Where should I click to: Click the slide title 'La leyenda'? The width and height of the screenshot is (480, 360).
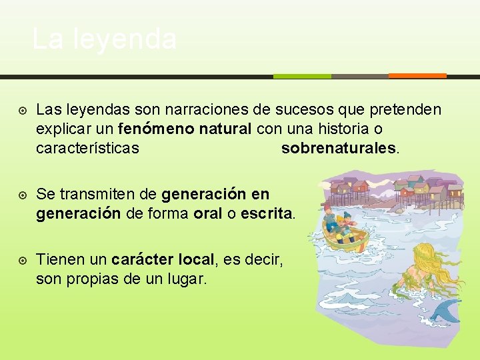104,39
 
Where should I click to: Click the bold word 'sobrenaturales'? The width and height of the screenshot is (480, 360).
339,148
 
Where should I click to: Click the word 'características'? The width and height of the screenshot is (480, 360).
87,148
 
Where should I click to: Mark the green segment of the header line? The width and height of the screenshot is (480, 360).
302,76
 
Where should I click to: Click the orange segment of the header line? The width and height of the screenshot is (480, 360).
417,75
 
